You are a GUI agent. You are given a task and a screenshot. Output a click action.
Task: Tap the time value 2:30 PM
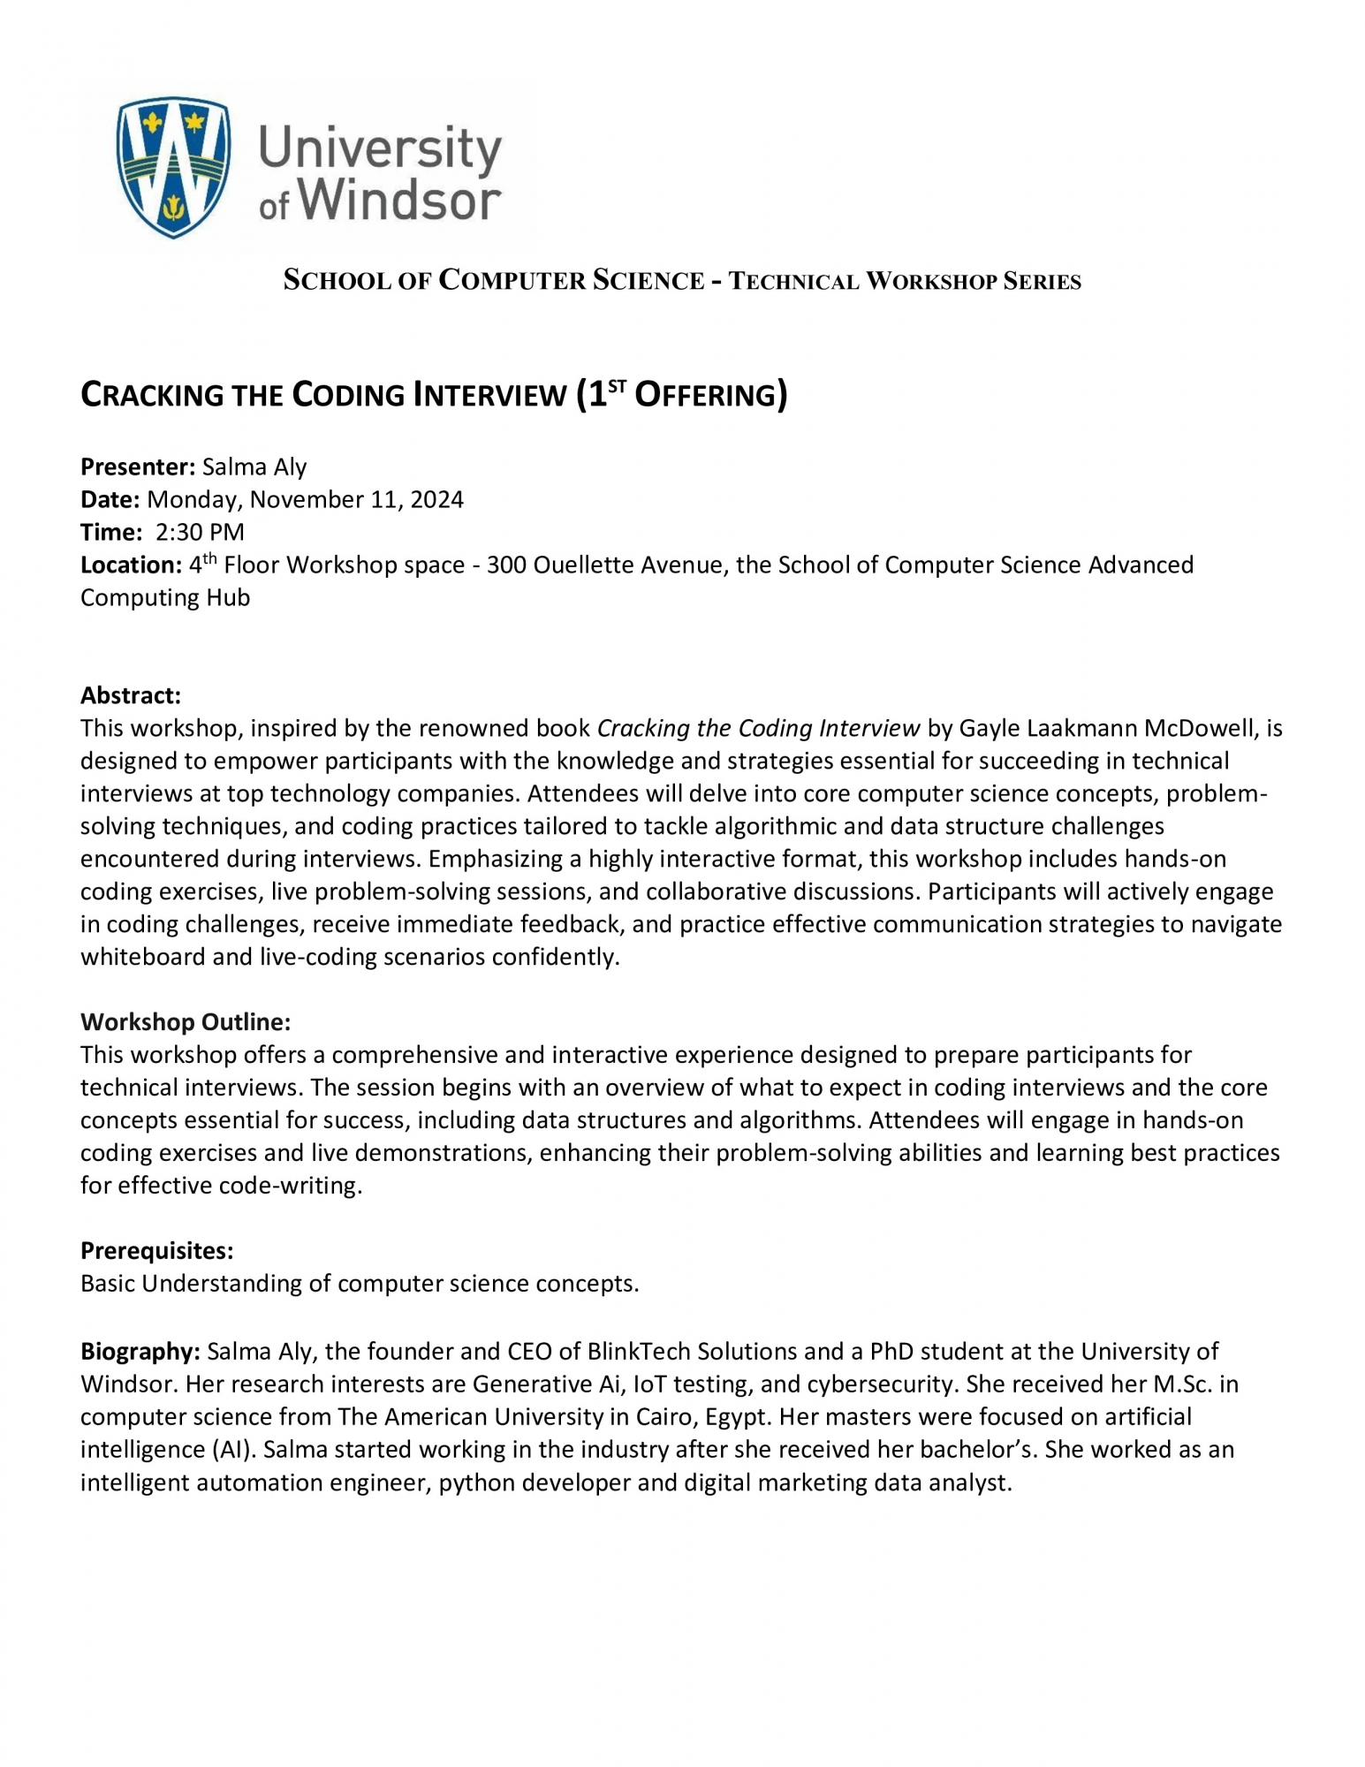click(x=200, y=532)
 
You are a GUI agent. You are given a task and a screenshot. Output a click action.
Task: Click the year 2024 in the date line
click(x=436, y=499)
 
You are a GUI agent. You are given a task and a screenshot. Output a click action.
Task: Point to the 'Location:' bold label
click(x=131, y=565)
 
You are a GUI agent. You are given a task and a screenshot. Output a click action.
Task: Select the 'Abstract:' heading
click(x=130, y=695)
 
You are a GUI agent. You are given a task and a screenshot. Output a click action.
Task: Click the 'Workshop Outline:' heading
click(x=186, y=1021)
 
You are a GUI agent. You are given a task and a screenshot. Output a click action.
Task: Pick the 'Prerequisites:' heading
click(x=156, y=1250)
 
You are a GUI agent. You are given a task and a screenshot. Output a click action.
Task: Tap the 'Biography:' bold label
click(x=140, y=1351)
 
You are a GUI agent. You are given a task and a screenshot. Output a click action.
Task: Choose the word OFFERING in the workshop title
click(x=706, y=395)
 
